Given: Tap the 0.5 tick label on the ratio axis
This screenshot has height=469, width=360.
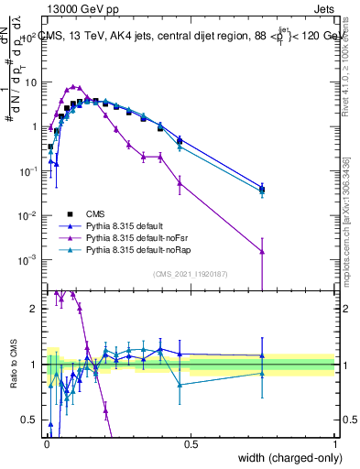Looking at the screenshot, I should tap(31, 420).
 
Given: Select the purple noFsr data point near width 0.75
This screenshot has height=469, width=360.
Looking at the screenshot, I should tap(263, 251).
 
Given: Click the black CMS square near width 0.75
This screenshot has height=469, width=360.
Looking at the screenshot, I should tap(263, 190).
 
